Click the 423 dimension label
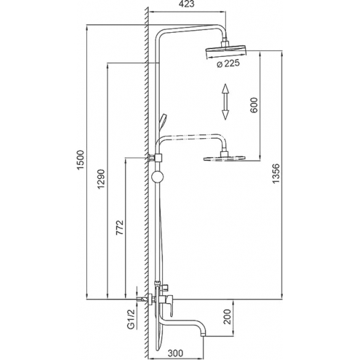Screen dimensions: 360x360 click(x=187, y=4)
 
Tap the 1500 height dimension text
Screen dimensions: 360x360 click(x=81, y=160)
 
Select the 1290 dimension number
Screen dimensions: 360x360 click(x=101, y=179)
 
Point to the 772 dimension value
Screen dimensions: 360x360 click(x=120, y=227)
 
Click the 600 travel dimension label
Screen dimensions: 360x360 click(x=254, y=105)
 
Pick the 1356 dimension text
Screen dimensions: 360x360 click(x=276, y=173)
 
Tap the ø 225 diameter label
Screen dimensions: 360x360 click(x=228, y=63)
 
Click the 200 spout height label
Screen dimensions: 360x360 click(x=227, y=317)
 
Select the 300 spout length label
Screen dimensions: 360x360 click(x=175, y=353)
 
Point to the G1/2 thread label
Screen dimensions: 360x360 click(x=130, y=319)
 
